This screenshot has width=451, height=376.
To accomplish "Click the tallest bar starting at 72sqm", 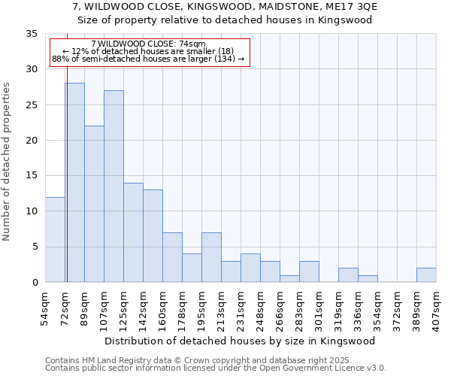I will click(74, 183).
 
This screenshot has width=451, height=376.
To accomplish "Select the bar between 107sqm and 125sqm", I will click(114, 186).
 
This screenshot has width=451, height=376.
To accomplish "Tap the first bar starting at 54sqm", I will click(55, 240).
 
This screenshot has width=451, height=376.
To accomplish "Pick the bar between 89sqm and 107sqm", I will click(94, 204).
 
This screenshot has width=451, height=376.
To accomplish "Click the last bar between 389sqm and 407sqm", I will click(426, 275).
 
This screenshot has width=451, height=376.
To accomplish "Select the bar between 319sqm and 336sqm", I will click(348, 275).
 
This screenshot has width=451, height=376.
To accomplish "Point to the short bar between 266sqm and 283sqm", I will click(289, 278).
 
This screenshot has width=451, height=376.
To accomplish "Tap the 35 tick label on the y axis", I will click(31, 34).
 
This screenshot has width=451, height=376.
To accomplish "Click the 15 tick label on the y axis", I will click(31, 176).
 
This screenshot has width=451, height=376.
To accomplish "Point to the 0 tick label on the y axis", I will click(34, 283).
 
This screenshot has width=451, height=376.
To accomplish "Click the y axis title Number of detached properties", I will click(8, 162).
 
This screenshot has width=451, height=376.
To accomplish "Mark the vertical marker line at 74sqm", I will click(66, 188).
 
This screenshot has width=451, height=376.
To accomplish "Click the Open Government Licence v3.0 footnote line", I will click(216, 368).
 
